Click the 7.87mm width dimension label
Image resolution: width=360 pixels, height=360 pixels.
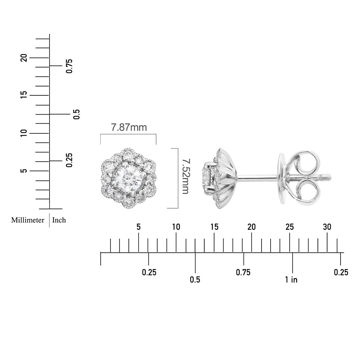click(129, 127)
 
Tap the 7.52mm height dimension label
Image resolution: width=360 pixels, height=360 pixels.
click(186, 176)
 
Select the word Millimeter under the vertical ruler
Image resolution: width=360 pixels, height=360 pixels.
click(28, 220)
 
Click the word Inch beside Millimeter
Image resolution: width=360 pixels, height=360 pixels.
click(59, 220)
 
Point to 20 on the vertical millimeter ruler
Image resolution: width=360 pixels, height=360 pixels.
click(24, 58)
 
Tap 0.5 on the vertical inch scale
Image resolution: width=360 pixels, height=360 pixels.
click(76, 114)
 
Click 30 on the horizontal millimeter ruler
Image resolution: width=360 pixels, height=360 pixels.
click(327, 227)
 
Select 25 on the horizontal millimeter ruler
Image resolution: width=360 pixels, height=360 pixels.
click(289, 227)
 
